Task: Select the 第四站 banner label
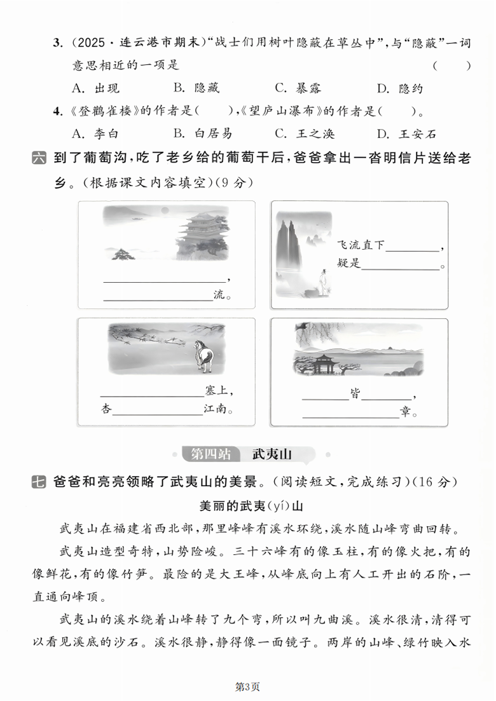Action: click(210, 454)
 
